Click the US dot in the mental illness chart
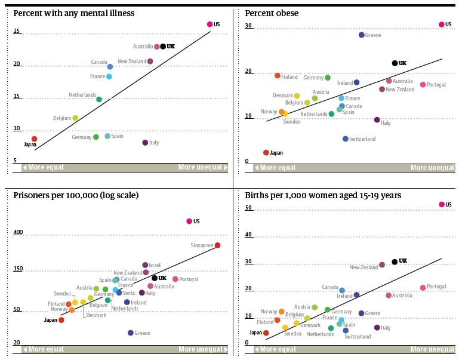[210, 24]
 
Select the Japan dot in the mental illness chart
[35, 139]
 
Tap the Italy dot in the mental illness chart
[145, 143]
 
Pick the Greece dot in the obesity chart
[362, 35]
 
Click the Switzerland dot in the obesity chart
[346, 139]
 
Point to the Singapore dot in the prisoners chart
[217, 245]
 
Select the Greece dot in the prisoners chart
[131, 333]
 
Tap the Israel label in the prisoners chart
[155, 265]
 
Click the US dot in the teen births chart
[442, 205]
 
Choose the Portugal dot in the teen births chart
[423, 288]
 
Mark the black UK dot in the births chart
[395, 261]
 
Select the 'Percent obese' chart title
[272, 13]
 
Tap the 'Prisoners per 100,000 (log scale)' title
[76, 195]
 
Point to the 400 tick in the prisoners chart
[18, 233]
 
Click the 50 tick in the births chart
[249, 208]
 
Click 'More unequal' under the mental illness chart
[200, 168]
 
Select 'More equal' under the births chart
[278, 349]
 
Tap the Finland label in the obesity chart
[289, 77]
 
